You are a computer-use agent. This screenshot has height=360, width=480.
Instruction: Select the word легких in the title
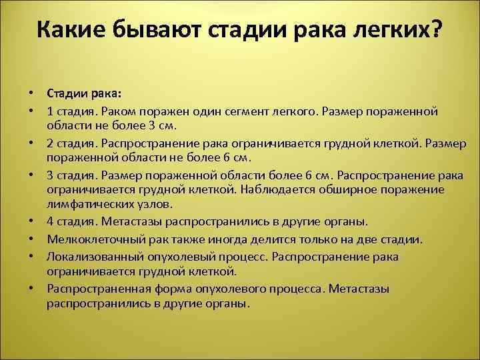pos(385,30)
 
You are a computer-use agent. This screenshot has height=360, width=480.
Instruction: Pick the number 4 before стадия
pos(50,221)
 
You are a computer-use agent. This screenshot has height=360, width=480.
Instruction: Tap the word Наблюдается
pos(272,189)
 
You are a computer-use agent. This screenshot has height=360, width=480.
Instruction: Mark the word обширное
pos(340,189)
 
